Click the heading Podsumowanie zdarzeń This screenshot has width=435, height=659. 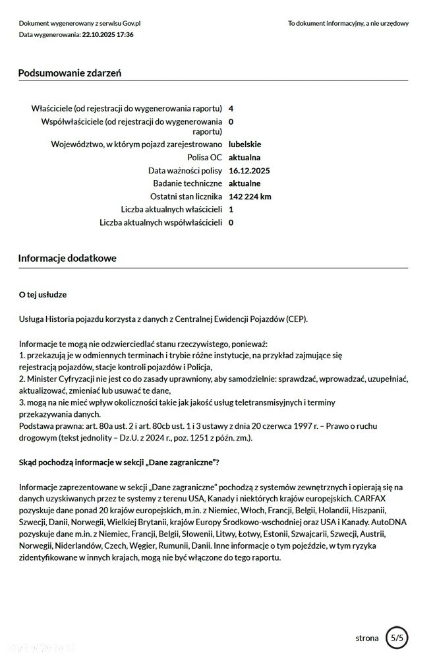69,73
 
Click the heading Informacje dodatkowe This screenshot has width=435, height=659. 67,259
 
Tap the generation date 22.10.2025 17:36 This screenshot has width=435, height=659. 107,34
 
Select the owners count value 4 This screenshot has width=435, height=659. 231,108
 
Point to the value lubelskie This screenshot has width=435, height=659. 245,144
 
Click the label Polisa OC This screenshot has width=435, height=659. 205,158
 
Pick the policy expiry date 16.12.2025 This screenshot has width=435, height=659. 249,171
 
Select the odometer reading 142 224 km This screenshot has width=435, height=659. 250,197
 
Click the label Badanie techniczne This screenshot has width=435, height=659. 188,183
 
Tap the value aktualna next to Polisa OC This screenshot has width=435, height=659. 245,158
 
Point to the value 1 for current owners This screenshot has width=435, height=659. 231,209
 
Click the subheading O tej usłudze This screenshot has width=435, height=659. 43,294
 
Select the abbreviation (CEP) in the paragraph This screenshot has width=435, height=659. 297,319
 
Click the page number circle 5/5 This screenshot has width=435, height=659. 397,638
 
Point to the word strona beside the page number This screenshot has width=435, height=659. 367,638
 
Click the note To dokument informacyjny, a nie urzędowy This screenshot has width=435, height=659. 348,23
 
